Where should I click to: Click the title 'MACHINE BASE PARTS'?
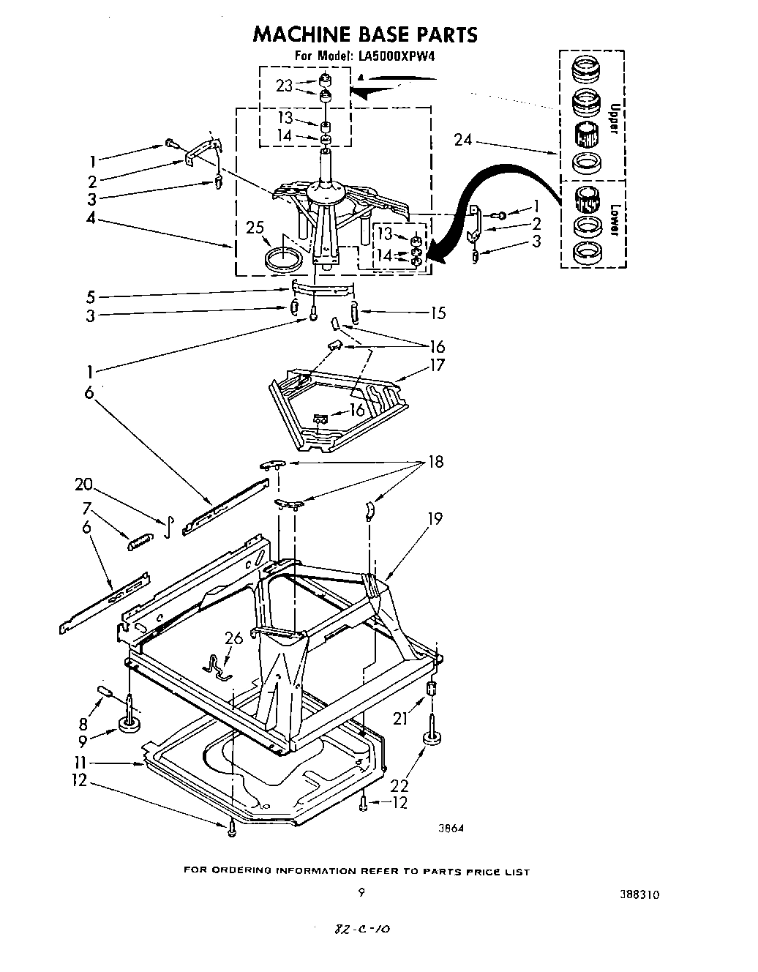[364, 34]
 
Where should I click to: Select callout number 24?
[462, 139]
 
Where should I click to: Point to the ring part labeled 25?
[282, 258]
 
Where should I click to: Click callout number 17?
[436, 364]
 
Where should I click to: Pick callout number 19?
[435, 519]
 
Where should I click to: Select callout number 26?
[233, 638]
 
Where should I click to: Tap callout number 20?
[84, 484]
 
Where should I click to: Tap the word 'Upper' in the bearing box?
[615, 119]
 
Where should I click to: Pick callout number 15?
[438, 313]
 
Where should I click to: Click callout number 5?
[91, 296]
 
